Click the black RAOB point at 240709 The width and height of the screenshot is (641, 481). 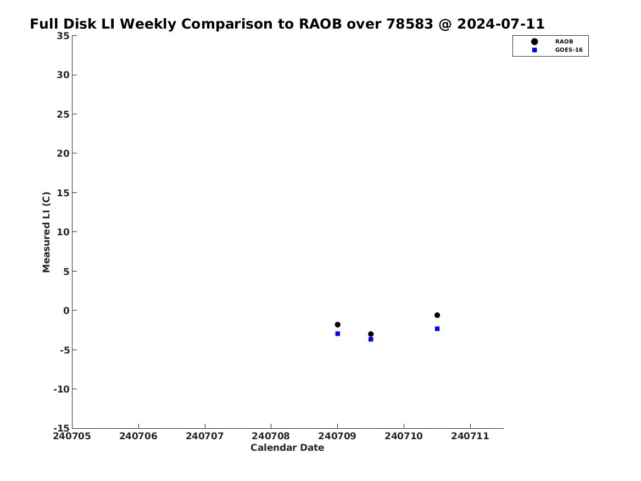coord(337,325)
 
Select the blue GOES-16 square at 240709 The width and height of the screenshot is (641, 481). coord(337,334)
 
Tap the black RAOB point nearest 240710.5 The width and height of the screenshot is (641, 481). coord(437,316)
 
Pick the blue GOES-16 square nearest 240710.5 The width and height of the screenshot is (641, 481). coord(437,329)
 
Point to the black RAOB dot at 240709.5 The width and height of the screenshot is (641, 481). coord(371,334)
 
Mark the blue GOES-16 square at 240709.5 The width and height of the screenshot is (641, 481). coord(371,340)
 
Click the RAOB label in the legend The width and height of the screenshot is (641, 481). coord(564,42)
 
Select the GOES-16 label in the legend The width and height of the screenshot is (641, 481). coord(568,50)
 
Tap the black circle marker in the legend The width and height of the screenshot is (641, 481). coord(534,42)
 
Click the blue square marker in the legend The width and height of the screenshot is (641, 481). coord(534,50)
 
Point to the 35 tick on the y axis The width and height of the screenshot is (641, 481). coord(63,36)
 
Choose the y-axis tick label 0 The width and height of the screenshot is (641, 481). coord(66,311)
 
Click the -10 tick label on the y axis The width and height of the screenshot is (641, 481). coord(62,389)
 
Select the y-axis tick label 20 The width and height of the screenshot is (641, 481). coord(63,153)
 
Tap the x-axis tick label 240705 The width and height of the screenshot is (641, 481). coord(72,436)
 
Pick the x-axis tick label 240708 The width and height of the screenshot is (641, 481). coord(271,436)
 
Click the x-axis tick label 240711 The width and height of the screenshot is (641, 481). coord(470,436)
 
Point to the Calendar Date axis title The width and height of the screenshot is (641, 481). coord(287,448)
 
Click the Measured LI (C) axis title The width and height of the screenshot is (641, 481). coord(46,232)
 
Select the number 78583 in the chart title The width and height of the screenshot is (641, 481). coord(410,24)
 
